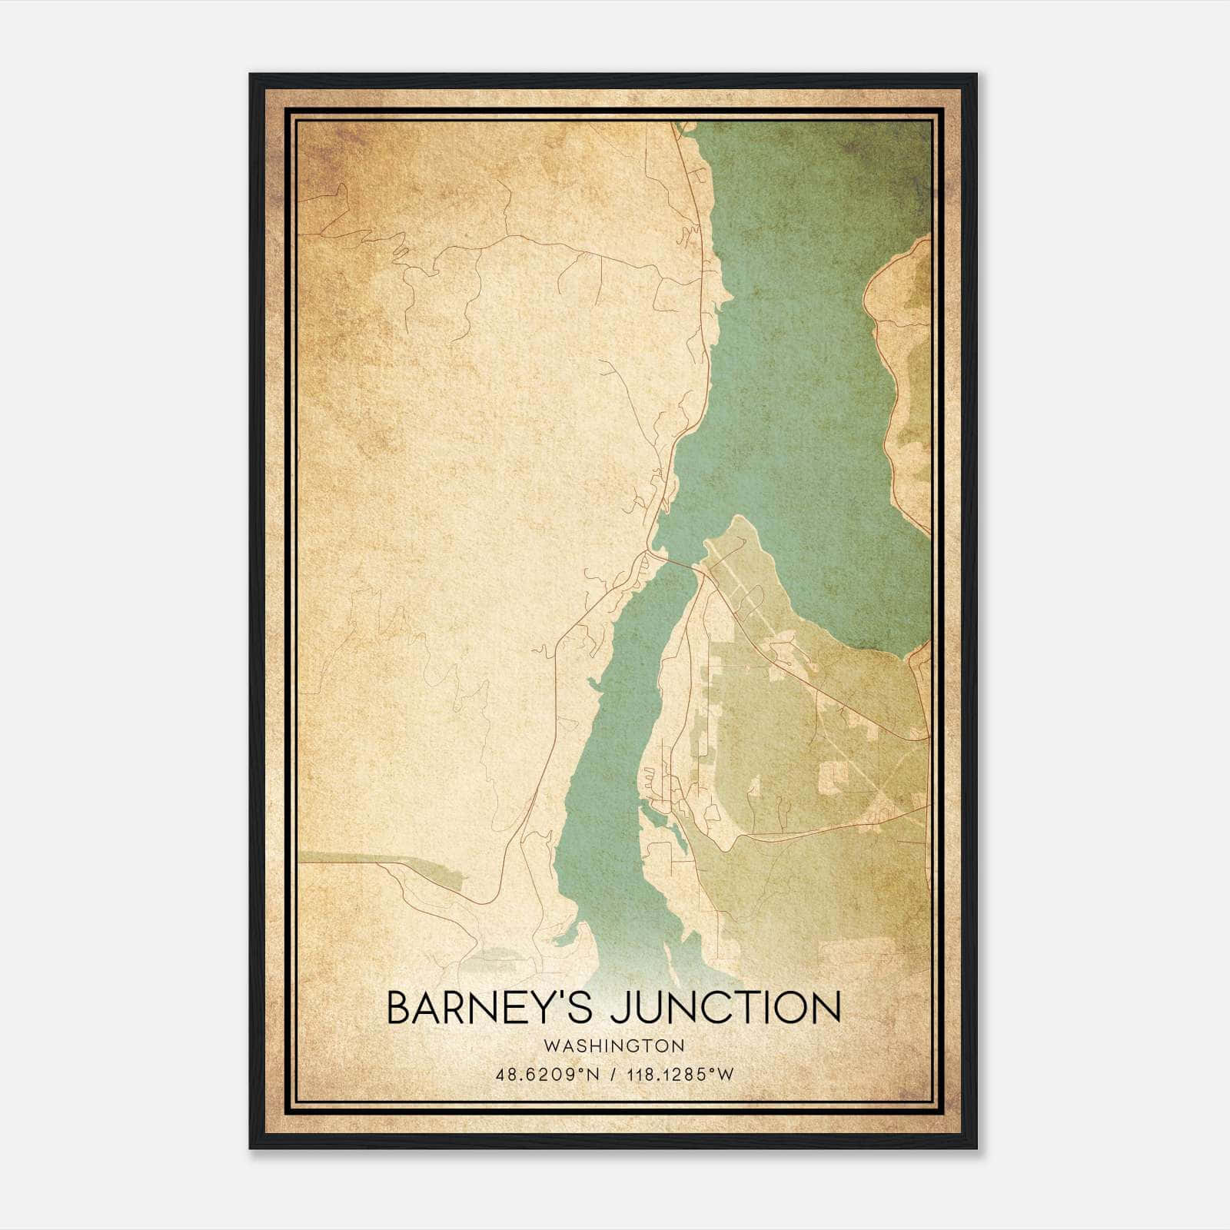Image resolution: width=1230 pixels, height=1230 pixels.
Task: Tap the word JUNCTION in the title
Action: (726, 1008)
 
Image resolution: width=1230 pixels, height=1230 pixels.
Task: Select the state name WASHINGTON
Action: (613, 1045)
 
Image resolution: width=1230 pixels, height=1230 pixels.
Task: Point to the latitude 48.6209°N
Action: (547, 1075)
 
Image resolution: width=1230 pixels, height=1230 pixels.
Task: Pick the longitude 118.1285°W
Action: (680, 1075)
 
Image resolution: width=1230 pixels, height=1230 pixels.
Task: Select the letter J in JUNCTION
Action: (620, 1008)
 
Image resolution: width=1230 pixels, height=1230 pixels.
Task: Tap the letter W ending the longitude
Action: (724, 1075)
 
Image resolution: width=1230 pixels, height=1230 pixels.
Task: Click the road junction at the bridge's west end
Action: (650, 552)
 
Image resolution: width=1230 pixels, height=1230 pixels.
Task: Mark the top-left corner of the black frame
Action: (251, 75)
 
